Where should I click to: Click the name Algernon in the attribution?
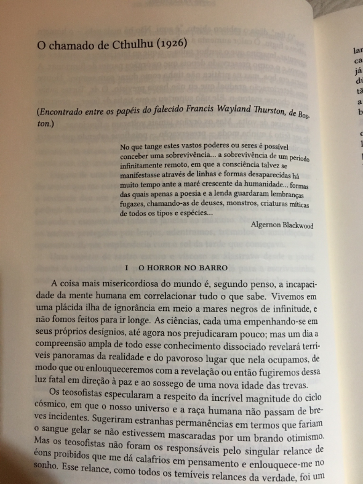click(266, 225)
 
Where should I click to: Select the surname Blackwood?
click(297, 225)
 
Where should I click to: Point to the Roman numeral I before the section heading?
click(126, 268)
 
